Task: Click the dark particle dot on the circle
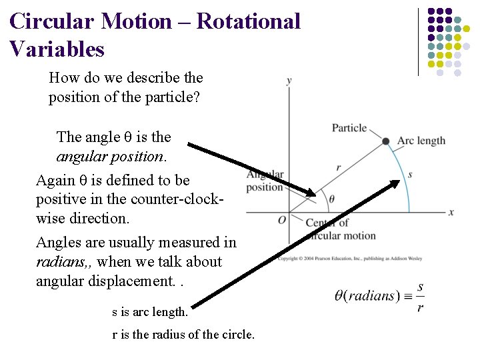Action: click(x=385, y=141)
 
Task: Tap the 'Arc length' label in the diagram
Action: click(x=421, y=141)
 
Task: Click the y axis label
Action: click(x=289, y=81)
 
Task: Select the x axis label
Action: click(x=451, y=212)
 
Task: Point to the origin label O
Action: click(x=282, y=220)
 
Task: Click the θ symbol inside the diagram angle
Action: click(x=331, y=199)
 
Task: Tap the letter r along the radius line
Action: click(x=339, y=168)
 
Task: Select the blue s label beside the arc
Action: click(x=410, y=175)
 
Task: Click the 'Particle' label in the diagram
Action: click(x=349, y=127)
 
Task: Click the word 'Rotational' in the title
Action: click(x=249, y=21)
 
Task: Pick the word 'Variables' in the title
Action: click(x=57, y=49)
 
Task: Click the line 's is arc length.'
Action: click(x=150, y=311)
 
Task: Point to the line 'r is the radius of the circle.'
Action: click(x=183, y=335)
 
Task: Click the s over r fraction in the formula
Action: click(x=420, y=297)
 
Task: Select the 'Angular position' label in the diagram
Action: click(x=265, y=181)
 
